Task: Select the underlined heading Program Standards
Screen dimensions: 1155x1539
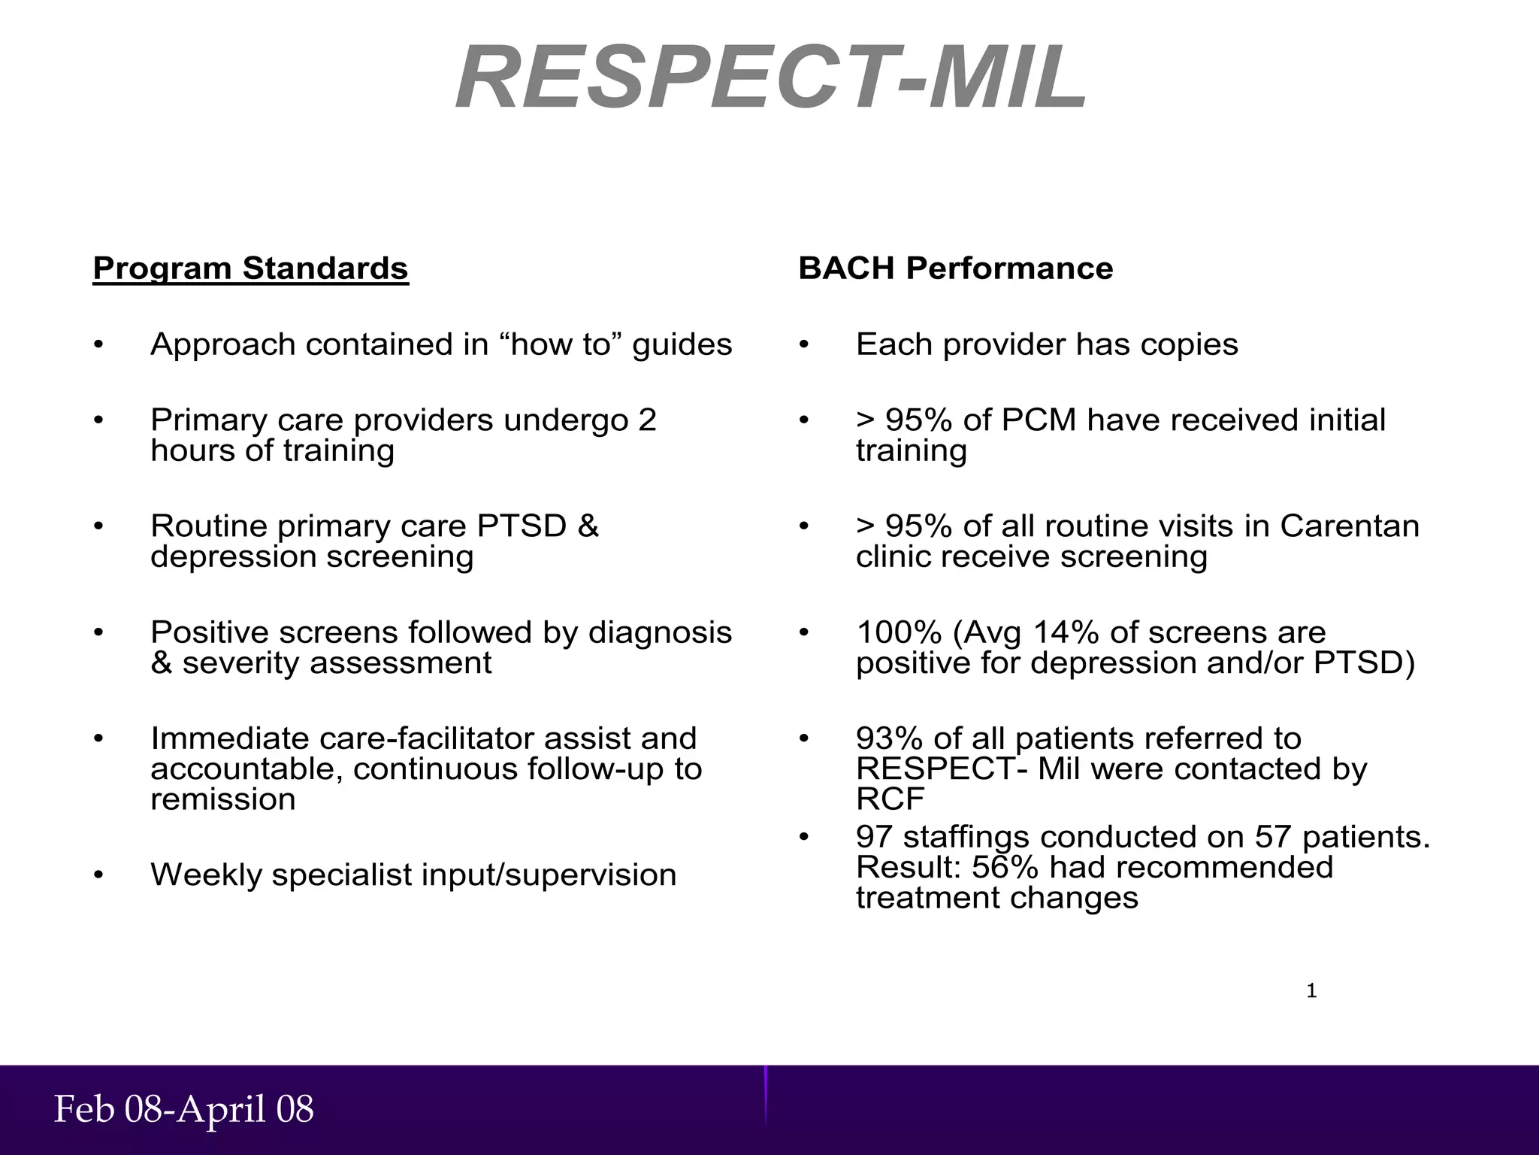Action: click(x=250, y=268)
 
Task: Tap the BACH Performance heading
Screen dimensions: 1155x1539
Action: click(x=955, y=268)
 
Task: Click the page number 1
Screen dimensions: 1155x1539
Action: click(x=1311, y=991)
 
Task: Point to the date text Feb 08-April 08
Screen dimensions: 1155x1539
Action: click(x=184, y=1110)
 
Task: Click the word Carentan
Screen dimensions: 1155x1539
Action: click(x=1350, y=526)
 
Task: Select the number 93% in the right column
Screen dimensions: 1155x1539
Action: click(x=884, y=738)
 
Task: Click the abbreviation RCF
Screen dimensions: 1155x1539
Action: click(x=890, y=799)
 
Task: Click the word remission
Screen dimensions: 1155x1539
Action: click(x=223, y=799)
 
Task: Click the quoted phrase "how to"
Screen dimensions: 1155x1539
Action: click(x=560, y=344)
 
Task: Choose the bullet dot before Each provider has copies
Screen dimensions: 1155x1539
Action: click(x=803, y=345)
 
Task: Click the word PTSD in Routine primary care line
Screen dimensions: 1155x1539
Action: click(x=522, y=526)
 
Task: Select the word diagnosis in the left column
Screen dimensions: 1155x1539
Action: click(x=660, y=632)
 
